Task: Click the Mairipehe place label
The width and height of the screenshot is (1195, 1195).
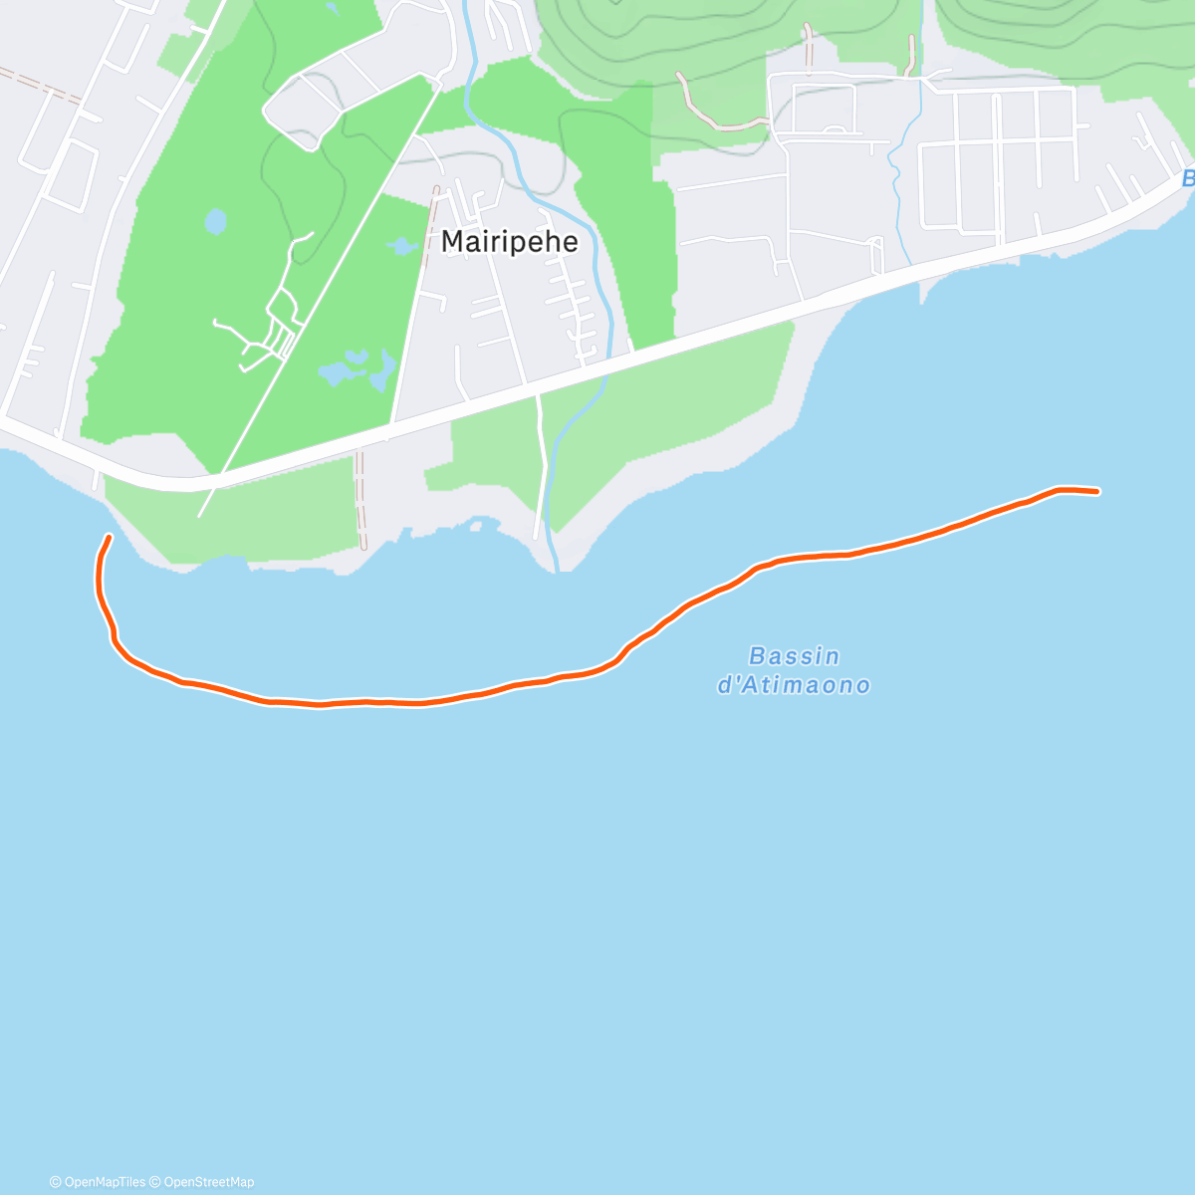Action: pyautogui.click(x=509, y=242)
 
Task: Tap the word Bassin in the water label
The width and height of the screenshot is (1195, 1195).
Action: pyautogui.click(x=794, y=656)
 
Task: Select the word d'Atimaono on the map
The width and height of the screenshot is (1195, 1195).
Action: pyautogui.click(x=794, y=685)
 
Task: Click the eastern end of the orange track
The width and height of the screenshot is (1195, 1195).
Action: pyautogui.click(x=1096, y=491)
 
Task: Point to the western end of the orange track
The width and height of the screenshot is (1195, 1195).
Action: pyautogui.click(x=108, y=538)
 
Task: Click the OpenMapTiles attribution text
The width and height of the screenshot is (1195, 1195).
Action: pyautogui.click(x=98, y=1182)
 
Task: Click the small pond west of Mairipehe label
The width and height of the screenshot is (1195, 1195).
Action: pyautogui.click(x=400, y=245)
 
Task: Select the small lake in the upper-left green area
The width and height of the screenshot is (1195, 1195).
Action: pyautogui.click(x=214, y=221)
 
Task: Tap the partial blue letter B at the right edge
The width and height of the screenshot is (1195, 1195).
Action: pyautogui.click(x=1187, y=179)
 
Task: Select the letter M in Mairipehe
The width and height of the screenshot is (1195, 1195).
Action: pyautogui.click(x=452, y=242)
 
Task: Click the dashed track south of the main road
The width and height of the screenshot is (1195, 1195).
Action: pyautogui.click(x=360, y=498)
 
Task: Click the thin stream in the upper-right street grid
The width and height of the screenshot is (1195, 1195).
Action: pyautogui.click(x=902, y=169)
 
